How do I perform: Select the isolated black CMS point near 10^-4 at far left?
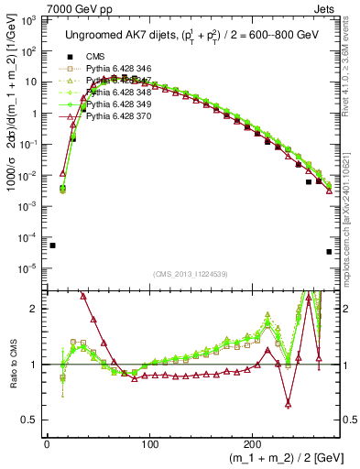(x=53, y=245)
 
